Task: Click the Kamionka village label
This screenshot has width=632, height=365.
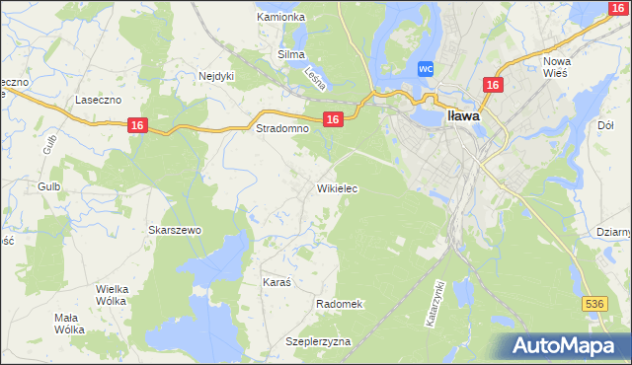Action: click(x=280, y=18)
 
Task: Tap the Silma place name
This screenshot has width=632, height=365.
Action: click(x=291, y=55)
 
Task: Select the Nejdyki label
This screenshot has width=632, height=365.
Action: click(x=216, y=75)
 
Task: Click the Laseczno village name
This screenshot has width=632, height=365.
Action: click(x=98, y=101)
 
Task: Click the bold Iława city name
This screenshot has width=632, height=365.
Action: click(x=464, y=114)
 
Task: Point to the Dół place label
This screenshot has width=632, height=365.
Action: click(x=606, y=125)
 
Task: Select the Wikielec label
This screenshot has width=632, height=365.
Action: click(x=337, y=187)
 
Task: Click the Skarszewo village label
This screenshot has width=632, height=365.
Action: click(x=175, y=230)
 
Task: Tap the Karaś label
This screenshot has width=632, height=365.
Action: click(x=277, y=282)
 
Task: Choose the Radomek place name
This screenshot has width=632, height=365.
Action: click(x=341, y=304)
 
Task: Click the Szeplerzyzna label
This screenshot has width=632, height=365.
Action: click(x=318, y=341)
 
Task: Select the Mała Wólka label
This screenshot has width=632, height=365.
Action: click(x=69, y=324)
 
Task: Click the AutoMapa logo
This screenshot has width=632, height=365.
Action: click(x=567, y=346)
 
